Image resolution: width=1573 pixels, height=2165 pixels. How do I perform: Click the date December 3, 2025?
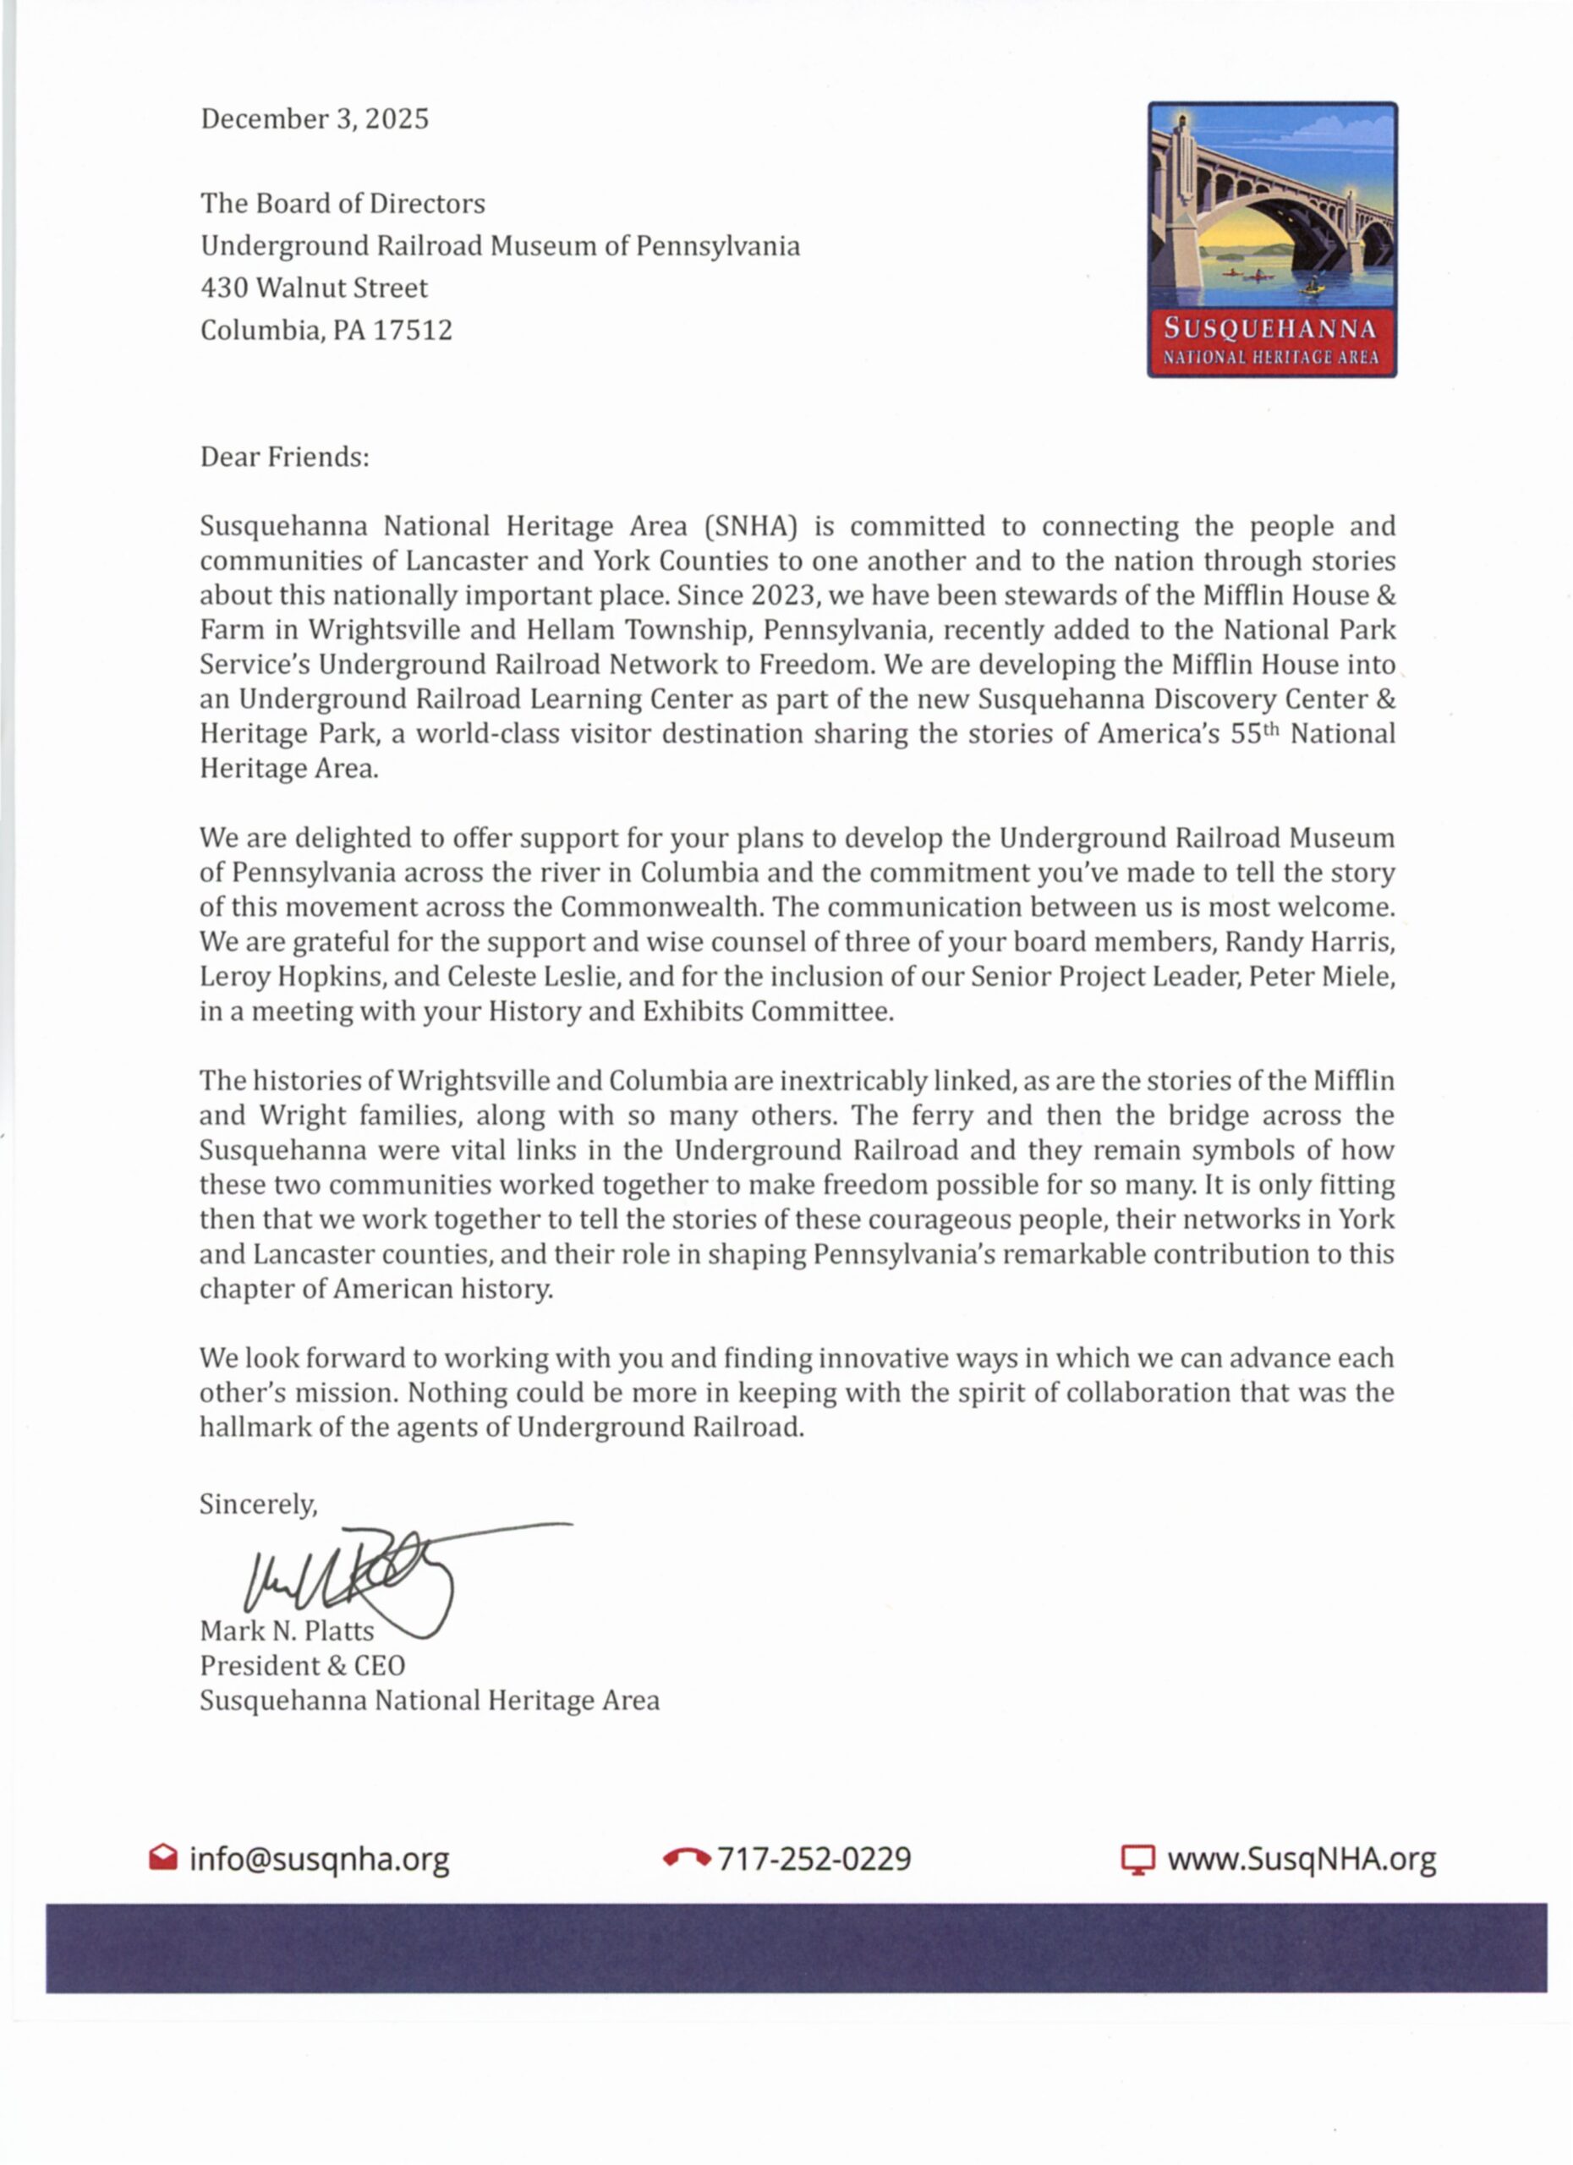314,119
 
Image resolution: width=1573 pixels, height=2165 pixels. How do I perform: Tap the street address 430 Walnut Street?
314,288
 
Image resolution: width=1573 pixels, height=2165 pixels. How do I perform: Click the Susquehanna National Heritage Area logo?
1271,239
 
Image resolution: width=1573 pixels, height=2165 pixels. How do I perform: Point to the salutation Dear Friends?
284,458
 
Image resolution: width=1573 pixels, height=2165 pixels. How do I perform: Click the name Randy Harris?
1309,942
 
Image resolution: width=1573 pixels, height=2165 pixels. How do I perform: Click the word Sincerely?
258,1505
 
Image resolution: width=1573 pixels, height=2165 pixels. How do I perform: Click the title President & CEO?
303,1666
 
